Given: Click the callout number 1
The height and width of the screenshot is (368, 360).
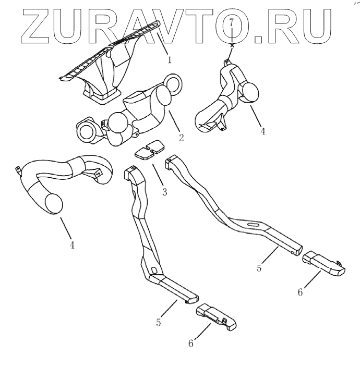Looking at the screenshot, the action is tap(170, 60).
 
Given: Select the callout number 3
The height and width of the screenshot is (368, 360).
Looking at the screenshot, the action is tap(164, 192).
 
